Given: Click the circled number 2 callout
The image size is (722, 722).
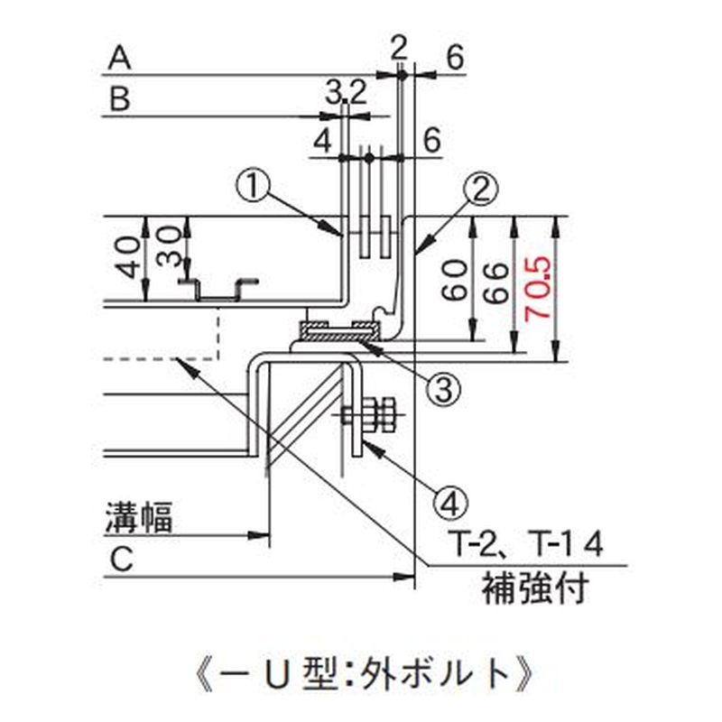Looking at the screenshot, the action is point(482,190).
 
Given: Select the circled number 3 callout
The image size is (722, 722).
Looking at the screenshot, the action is point(443,390).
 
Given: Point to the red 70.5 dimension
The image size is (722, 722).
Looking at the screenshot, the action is point(536,289).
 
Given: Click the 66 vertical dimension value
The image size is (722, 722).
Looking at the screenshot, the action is point(495,282).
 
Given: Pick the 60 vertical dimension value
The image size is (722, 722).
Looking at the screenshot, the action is point(455,280).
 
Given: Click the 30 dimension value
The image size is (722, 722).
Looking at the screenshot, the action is point(168,245).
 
